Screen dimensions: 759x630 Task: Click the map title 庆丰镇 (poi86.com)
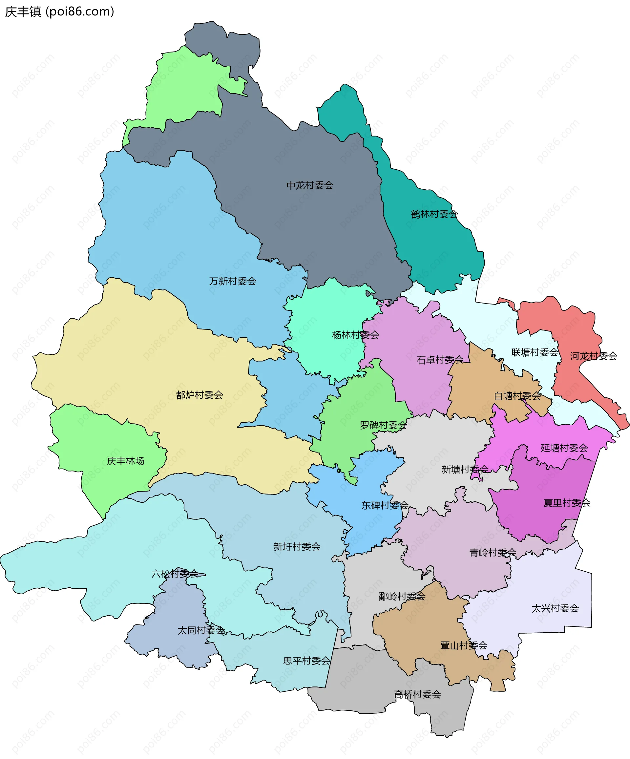[x=60, y=11]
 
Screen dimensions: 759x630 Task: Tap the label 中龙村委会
[x=310, y=185]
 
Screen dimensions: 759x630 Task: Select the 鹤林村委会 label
[x=434, y=214]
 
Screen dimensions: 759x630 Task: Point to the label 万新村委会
[x=232, y=281]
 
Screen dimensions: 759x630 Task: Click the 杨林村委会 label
[x=355, y=335]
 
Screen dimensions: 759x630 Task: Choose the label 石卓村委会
[x=440, y=360]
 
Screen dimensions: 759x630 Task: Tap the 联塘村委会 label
[x=535, y=352]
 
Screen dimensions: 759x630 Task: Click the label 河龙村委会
[x=594, y=356]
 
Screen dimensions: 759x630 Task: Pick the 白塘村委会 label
[x=517, y=396]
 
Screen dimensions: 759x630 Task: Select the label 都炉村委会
[x=199, y=395]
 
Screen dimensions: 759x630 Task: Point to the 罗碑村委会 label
[x=383, y=425]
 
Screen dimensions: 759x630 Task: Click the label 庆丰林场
[x=125, y=461]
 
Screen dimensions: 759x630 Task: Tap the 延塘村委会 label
[x=564, y=448]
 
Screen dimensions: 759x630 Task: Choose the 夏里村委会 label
[x=567, y=503]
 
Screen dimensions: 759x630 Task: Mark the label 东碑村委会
[x=385, y=505]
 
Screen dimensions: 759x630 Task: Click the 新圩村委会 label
[x=297, y=546]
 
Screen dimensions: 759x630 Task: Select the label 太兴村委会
[x=555, y=608]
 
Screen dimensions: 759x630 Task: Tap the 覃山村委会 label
[x=463, y=645]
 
